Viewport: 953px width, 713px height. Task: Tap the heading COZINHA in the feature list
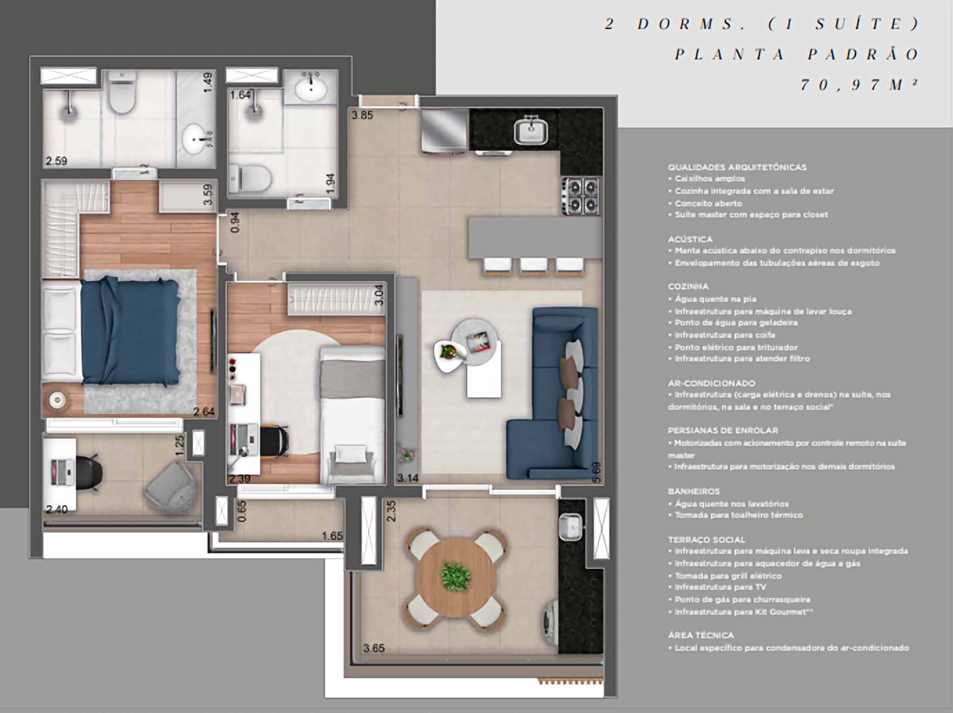687,286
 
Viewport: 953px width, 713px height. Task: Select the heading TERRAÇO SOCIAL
706,539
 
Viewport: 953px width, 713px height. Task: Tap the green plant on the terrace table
454,575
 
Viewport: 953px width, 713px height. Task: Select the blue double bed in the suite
131,330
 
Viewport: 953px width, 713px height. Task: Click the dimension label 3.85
362,116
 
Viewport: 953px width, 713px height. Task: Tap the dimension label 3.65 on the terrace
374,649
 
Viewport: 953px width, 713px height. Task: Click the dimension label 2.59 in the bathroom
56,161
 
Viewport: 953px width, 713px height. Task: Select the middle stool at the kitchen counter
533,266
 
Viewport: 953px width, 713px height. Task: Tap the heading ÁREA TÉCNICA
701,635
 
